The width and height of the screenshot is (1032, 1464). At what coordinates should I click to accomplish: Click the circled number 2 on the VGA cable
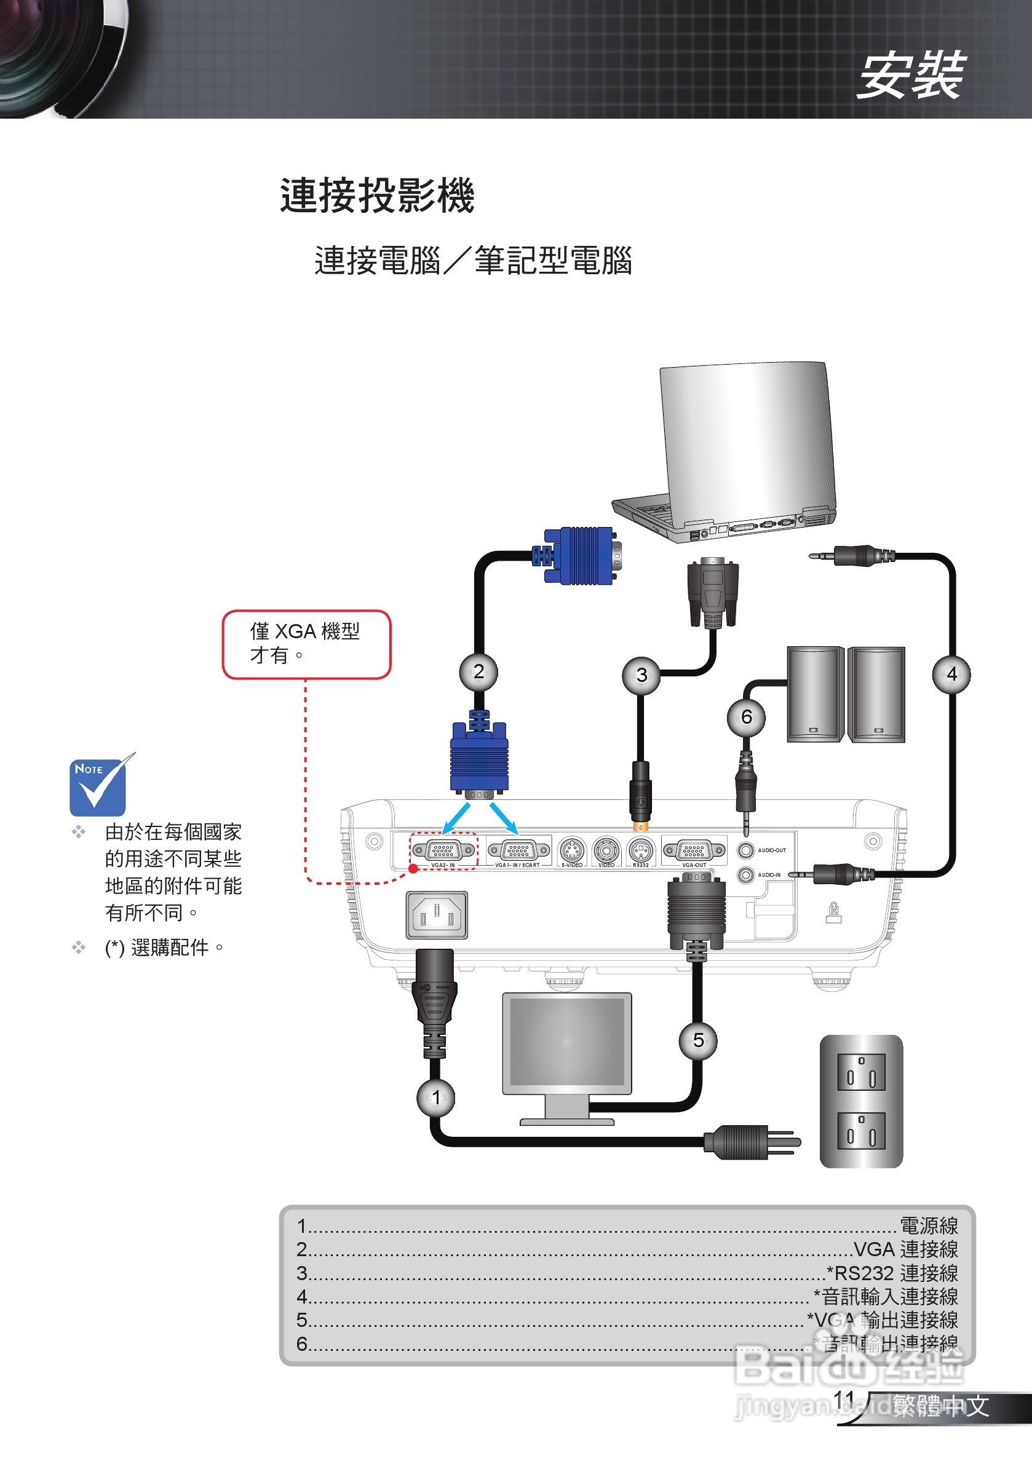pos(478,671)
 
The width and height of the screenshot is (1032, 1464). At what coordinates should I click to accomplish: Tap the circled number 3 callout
pos(641,675)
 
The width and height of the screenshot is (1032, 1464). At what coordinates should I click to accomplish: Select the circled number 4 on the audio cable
pos(951,674)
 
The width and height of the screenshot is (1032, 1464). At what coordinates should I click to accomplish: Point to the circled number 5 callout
pos(698,1040)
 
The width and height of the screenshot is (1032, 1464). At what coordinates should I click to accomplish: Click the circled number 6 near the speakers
pos(746,718)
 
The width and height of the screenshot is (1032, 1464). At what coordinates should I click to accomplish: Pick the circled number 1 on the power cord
pos(435,1098)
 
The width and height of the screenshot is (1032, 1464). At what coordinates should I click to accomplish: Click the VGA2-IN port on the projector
pos(443,850)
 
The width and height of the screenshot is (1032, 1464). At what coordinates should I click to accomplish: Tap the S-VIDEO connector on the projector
pos(571,850)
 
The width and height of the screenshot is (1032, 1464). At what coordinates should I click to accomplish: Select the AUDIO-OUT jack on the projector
pos(745,850)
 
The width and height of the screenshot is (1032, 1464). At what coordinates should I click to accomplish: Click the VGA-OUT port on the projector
pos(694,850)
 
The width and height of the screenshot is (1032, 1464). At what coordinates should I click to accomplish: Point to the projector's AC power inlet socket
pos(437,915)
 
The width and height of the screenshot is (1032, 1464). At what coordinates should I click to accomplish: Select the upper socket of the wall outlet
pos(861,1072)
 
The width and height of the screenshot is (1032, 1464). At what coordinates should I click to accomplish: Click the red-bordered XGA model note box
pos(306,644)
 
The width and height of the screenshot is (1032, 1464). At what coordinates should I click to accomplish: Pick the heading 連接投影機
pos(377,195)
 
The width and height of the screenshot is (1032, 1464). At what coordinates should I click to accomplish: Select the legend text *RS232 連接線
pos(892,1273)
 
